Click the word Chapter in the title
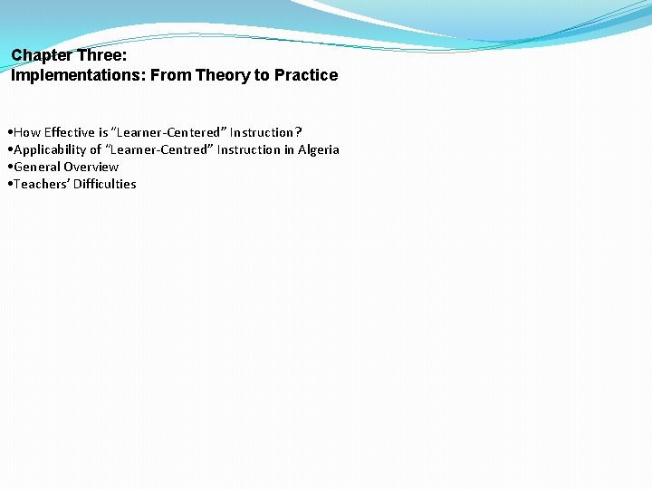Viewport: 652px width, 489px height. (x=42, y=55)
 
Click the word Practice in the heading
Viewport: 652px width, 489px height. (x=304, y=75)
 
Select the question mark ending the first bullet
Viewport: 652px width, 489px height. (x=299, y=132)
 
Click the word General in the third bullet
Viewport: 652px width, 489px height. (x=37, y=167)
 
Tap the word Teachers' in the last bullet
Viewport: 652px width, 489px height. (x=41, y=184)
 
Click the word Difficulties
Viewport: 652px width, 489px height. (x=104, y=184)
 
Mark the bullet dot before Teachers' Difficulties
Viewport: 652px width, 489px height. (x=8, y=185)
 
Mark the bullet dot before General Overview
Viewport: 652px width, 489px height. (x=8, y=168)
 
